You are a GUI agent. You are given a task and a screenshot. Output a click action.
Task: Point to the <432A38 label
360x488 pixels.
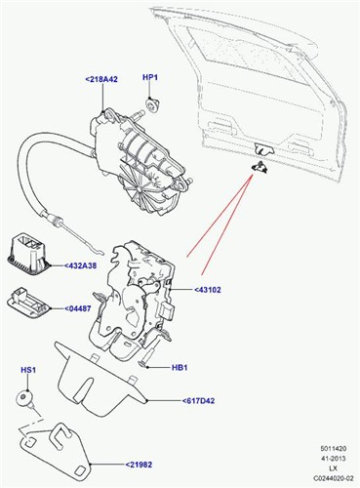88,264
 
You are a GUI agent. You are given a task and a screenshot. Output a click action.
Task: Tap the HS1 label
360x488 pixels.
29,371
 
